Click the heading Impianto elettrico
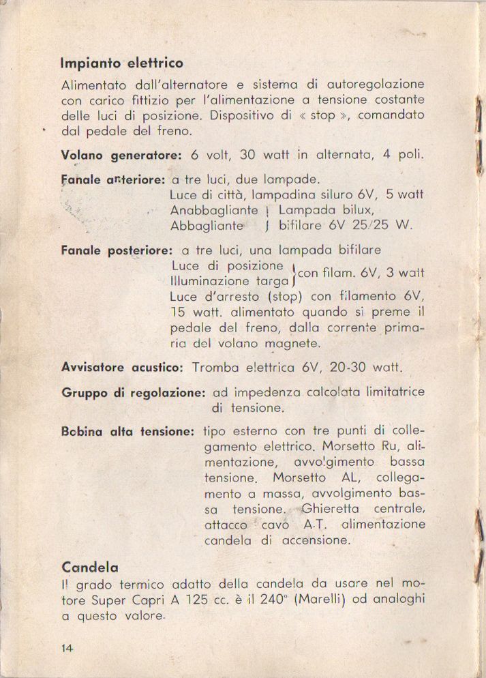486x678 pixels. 122,63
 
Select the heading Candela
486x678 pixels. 90,566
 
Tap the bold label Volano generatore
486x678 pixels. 121,155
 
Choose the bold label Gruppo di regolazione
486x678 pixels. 134,393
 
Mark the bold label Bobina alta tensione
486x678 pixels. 128,432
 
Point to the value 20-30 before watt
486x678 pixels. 348,367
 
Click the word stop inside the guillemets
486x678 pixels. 322,115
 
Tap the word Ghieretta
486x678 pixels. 329,509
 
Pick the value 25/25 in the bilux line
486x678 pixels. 361,224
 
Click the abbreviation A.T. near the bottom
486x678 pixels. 316,525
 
